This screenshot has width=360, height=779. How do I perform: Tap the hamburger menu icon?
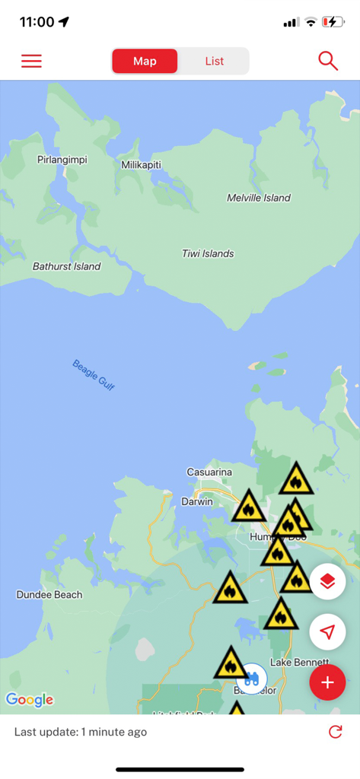coord(31,62)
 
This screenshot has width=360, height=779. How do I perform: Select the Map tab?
coord(145,62)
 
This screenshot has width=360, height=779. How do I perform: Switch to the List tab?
coord(214,62)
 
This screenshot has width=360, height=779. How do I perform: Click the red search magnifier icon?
coord(328,62)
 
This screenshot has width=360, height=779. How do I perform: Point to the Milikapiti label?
coord(141,164)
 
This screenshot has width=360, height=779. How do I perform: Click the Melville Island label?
coord(258,198)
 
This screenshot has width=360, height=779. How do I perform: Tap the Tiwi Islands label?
coord(208,253)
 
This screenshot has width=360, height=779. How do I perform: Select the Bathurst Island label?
coord(66,266)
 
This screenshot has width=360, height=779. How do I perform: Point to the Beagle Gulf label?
coord(94,375)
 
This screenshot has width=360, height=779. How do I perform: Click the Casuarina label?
coord(209,472)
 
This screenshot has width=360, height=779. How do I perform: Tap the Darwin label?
coord(197,502)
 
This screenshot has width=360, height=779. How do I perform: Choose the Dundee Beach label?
coord(49,594)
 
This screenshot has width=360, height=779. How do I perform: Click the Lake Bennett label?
coord(298,662)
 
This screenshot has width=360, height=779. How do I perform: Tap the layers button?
coord(327,582)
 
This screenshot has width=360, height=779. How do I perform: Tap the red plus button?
coord(327,682)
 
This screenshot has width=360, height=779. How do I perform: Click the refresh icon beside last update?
coord(335,732)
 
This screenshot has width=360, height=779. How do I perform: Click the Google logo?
coord(29,699)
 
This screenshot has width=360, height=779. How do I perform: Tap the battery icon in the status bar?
coord(333,22)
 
